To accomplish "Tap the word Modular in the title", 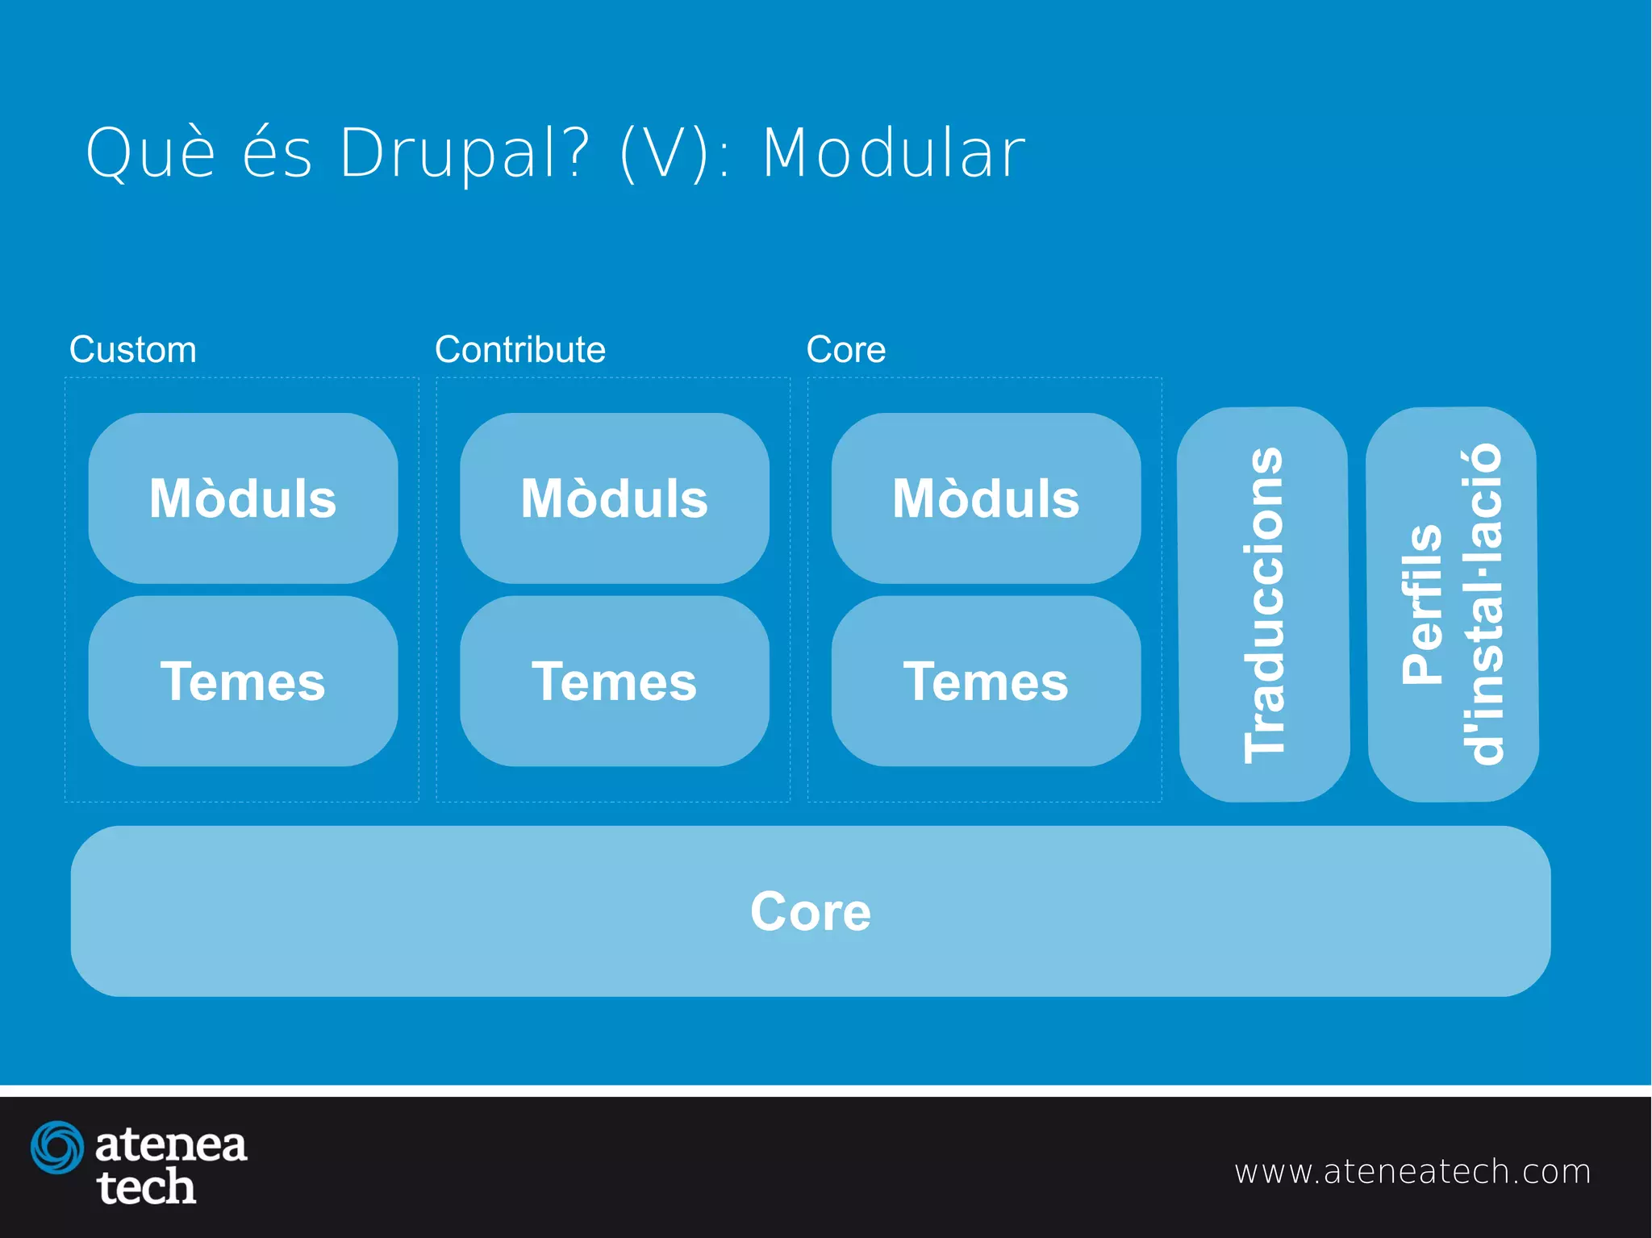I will point(894,153).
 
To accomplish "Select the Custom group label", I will point(133,349).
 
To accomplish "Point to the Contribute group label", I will point(520,349).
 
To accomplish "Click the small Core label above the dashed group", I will point(846,349).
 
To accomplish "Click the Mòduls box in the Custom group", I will point(243,498).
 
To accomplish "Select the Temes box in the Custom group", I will point(243,682).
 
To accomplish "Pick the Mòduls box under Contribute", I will point(615,498).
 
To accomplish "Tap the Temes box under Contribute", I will point(615,682).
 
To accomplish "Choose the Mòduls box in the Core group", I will point(986,498).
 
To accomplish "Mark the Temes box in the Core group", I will point(986,682).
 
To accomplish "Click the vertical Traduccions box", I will point(1264,605).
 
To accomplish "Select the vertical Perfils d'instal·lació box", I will point(1453,605).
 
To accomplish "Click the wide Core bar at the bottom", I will point(811,911).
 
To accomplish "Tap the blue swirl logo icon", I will point(57,1146).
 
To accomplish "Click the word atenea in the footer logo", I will point(171,1144).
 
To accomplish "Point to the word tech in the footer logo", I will point(146,1187).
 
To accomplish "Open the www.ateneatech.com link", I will point(1412,1171).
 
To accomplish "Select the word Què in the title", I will point(151,153).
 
